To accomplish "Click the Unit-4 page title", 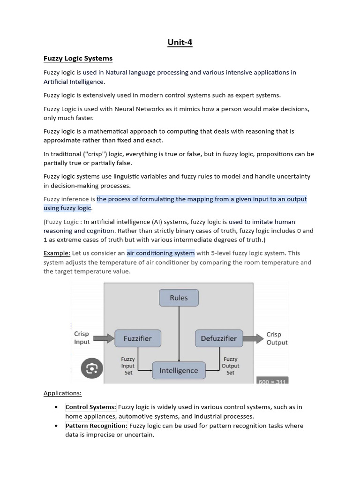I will click(x=180, y=43).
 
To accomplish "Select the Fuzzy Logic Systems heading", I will click(x=78, y=59).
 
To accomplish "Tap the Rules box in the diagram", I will click(x=179, y=298).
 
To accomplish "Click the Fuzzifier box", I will click(x=137, y=338).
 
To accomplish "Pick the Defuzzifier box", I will click(x=218, y=338).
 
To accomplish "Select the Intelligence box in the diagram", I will click(x=179, y=370).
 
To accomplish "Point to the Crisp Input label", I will click(x=82, y=338).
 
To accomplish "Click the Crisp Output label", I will click(x=277, y=338).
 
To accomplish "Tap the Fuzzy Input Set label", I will click(x=127, y=366).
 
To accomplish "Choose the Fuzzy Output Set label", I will click(x=230, y=366).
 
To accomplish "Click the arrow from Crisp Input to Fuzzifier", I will click(x=104, y=338).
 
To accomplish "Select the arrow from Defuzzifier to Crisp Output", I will click(x=254, y=338).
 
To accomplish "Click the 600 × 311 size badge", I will click(x=271, y=382).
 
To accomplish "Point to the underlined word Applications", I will click(x=62, y=393).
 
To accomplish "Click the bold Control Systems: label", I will click(x=90, y=407).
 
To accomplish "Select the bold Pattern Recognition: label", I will click(x=96, y=426).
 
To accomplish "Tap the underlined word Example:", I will click(x=57, y=253).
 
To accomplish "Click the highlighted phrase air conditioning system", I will click(x=160, y=253).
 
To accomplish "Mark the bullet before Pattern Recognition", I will click(x=56, y=426).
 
